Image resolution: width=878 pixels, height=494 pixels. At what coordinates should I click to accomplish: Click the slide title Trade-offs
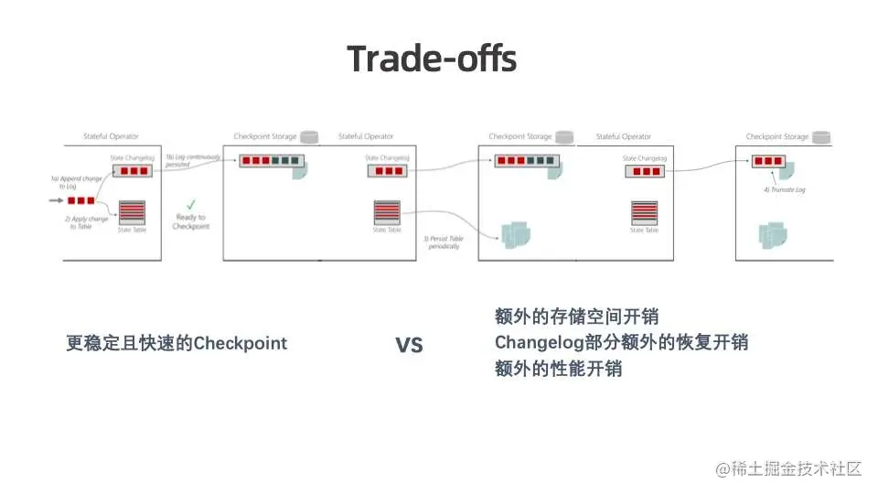click(432, 59)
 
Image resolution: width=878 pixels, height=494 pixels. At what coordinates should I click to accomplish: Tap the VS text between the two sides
click(409, 346)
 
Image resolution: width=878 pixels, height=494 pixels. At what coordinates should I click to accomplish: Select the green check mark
click(190, 203)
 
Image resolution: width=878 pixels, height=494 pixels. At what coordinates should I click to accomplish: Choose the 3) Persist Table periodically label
click(444, 244)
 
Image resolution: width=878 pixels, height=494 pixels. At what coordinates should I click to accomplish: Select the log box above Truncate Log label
click(768, 162)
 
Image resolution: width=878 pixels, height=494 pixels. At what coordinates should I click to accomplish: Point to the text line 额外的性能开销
click(558, 370)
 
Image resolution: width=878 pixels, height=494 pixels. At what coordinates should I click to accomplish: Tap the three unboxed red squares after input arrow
click(80, 200)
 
